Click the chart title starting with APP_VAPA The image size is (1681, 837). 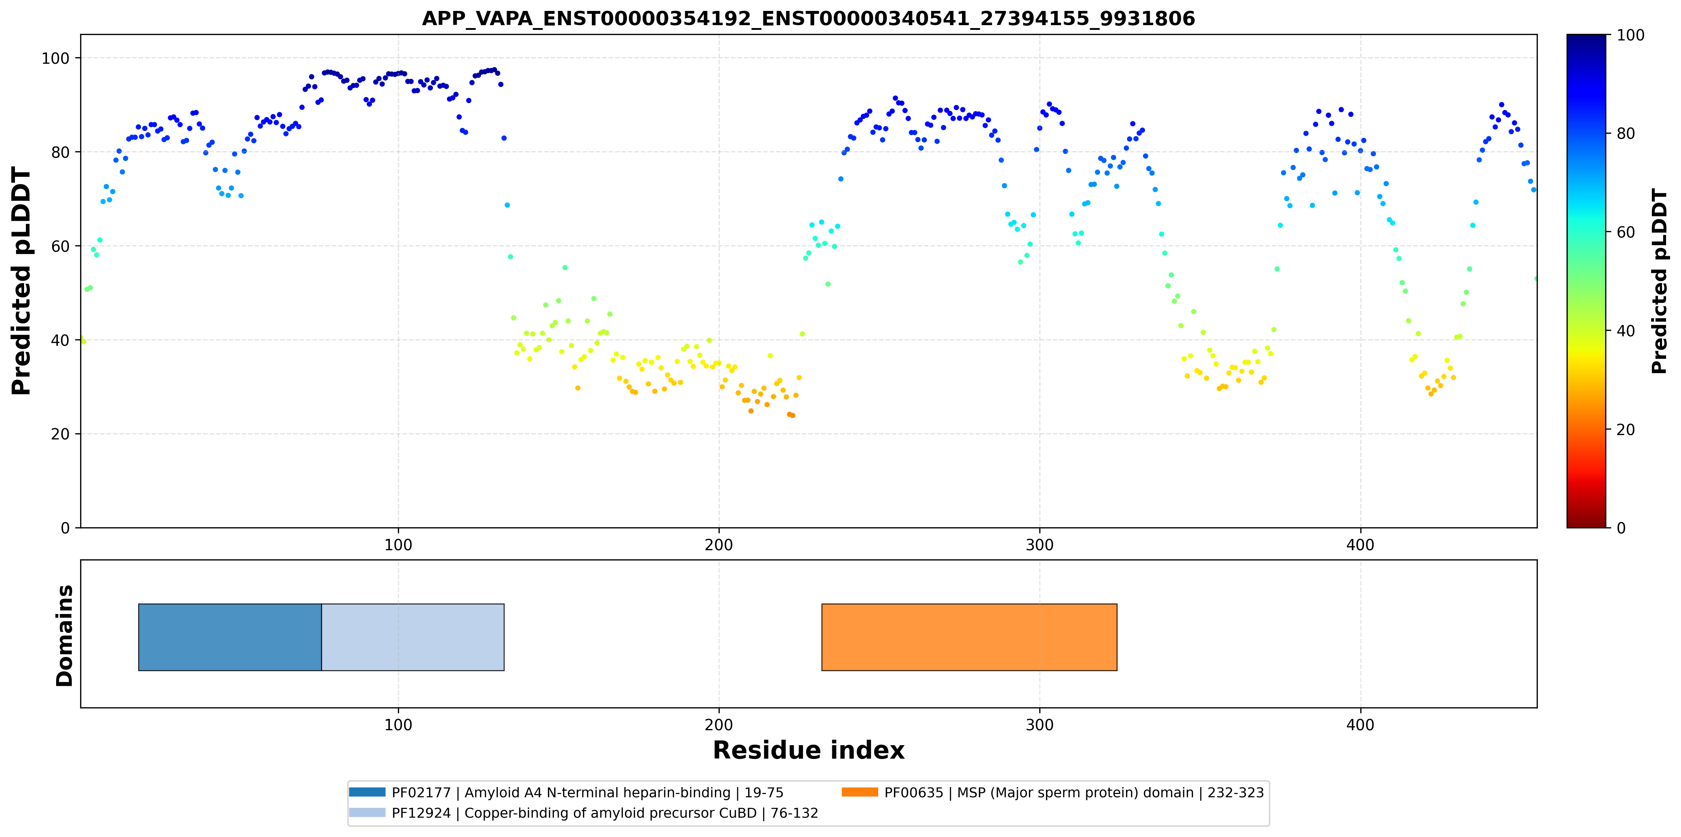click(x=809, y=18)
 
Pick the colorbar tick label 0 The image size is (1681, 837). click(x=1621, y=528)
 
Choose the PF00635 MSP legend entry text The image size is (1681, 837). click(x=1074, y=793)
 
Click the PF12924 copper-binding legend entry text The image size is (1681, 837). click(x=605, y=813)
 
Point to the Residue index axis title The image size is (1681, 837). click(x=809, y=750)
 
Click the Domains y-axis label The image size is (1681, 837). click(x=64, y=635)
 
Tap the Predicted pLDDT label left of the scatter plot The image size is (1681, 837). click(x=21, y=281)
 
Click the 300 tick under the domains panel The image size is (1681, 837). click(x=1040, y=725)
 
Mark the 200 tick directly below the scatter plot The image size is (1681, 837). click(x=719, y=545)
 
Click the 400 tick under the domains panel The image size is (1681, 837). click(x=1361, y=725)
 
